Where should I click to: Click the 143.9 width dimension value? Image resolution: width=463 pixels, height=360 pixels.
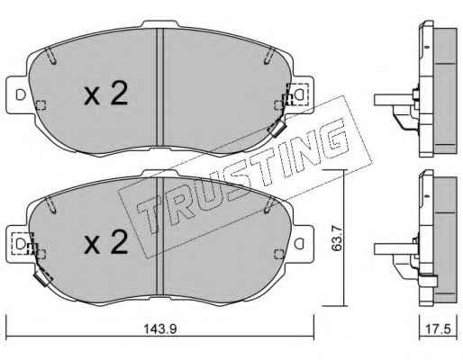pos(160,329)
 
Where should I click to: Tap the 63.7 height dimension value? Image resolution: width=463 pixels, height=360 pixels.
pos(336,238)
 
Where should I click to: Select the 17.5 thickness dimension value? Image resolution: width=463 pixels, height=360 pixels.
pos(439,329)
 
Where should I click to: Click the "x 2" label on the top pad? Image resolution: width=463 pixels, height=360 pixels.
pos(106,93)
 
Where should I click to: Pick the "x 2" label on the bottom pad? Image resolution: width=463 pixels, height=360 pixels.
pos(106,242)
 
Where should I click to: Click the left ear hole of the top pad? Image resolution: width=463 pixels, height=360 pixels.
pos(21,94)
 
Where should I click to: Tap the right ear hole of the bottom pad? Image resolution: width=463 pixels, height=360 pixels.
pos(299,243)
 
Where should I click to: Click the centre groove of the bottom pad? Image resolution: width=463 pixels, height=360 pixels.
pos(159,236)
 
